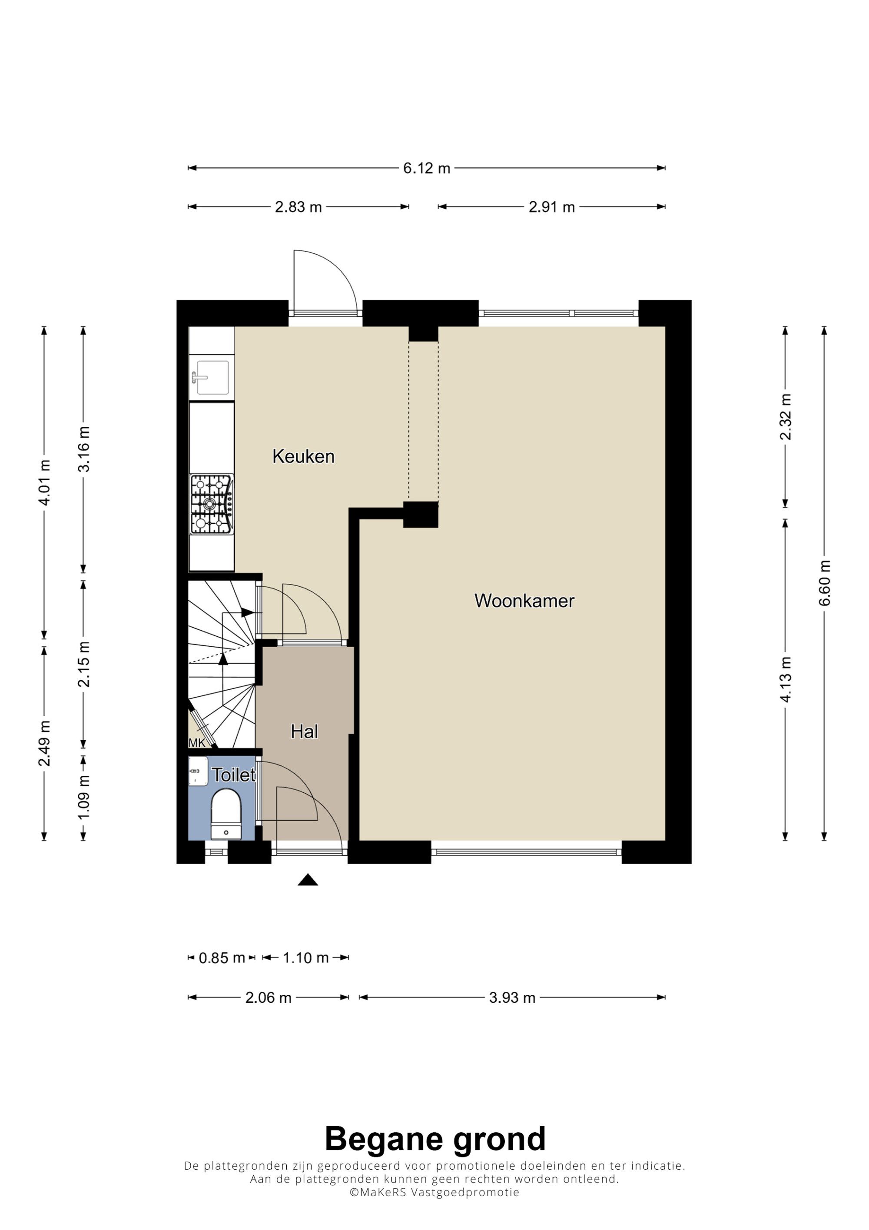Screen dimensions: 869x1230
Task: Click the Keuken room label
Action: pos(304,456)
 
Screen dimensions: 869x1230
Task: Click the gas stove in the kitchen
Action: pos(212,504)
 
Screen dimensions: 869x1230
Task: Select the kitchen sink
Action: pos(212,378)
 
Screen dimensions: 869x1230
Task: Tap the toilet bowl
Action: pos(226,815)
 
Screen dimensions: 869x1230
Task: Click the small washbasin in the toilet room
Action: pos(198,771)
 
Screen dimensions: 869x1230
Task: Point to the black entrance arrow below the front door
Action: pos(308,880)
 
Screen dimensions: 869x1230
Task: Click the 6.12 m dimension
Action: pos(426,168)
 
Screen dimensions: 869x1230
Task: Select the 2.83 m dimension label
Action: pos(298,207)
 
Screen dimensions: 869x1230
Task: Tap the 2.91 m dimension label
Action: pos(551,207)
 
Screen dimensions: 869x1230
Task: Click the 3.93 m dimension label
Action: pos(512,997)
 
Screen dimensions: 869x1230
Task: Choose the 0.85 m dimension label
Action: pos(222,958)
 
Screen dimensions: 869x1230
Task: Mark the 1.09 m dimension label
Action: pos(83,797)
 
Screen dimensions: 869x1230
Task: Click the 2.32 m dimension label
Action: pos(785,417)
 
